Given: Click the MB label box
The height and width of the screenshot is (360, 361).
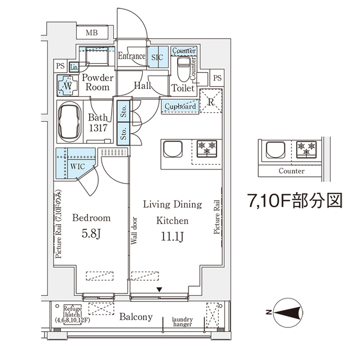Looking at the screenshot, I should (92, 33).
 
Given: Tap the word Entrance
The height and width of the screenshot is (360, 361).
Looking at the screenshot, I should (131, 56).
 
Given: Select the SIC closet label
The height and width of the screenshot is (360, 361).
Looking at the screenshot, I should (156, 57).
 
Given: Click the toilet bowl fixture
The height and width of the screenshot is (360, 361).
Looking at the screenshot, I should (183, 72).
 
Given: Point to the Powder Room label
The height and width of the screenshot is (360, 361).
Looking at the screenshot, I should (96, 83).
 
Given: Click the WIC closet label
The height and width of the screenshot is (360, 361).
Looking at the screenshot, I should (77, 167).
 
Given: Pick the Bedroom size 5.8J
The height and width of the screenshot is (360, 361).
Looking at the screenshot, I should (91, 232).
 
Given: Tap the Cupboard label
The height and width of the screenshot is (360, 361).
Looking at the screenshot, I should (180, 106).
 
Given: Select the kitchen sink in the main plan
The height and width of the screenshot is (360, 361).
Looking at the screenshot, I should (172, 150).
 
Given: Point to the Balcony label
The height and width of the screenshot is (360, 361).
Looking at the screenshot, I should (136, 317).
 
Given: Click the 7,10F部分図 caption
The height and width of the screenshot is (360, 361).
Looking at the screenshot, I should (294, 201).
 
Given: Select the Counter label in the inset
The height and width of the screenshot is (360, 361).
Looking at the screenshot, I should (292, 171).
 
